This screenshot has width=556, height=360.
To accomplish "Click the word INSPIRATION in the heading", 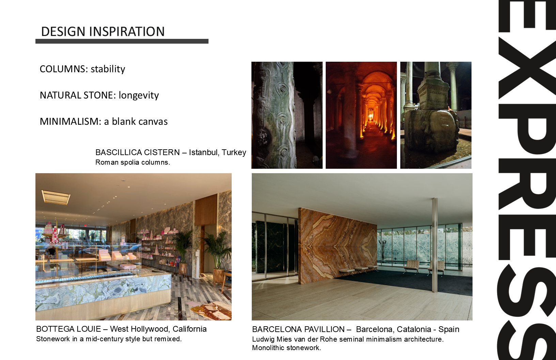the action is [x=127, y=32].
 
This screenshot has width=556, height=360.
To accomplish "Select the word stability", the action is [x=108, y=69].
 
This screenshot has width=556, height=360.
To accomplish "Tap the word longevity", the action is [x=139, y=95].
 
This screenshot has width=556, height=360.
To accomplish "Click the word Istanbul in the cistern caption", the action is [x=204, y=152].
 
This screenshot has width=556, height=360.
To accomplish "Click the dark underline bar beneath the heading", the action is [x=122, y=41].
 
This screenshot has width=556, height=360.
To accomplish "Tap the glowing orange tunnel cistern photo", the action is [x=361, y=115].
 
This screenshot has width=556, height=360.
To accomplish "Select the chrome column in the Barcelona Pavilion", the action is [x=434, y=245].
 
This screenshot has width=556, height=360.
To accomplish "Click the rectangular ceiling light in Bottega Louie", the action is [x=56, y=197].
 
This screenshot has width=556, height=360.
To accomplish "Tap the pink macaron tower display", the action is [x=55, y=235].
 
